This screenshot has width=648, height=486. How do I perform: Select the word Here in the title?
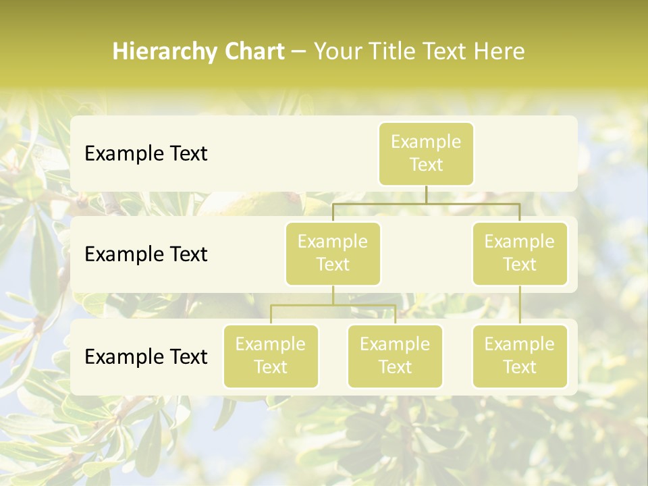pyautogui.click(x=500, y=52)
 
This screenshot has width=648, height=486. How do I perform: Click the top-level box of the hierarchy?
pyautogui.click(x=426, y=153)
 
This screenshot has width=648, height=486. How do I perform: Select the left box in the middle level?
pyautogui.click(x=333, y=253)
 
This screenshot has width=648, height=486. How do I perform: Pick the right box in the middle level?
pyautogui.click(x=520, y=253)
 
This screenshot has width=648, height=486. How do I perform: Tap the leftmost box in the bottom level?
pyautogui.click(x=271, y=356)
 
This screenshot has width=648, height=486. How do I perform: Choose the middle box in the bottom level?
pyautogui.click(x=395, y=356)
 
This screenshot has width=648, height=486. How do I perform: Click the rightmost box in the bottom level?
pyautogui.click(x=520, y=356)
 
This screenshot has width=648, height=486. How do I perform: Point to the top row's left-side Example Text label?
pyautogui.click(x=146, y=154)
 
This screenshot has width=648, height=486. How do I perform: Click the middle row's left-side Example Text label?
pyautogui.click(x=146, y=254)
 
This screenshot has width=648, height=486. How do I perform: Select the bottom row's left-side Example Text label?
pyautogui.click(x=146, y=357)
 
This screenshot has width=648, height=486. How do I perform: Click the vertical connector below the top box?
pyautogui.click(x=426, y=194)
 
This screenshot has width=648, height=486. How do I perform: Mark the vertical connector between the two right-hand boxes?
pyautogui.click(x=520, y=305)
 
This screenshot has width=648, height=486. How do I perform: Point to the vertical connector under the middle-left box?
pyautogui.click(x=333, y=295)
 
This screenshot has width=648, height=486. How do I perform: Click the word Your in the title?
pyautogui.click(x=337, y=52)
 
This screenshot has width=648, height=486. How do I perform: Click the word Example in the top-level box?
pyautogui.click(x=426, y=142)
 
